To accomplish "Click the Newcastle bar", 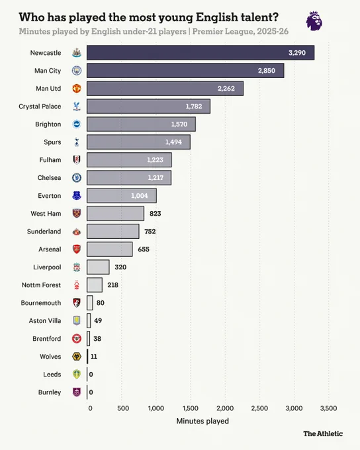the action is pos(201,52).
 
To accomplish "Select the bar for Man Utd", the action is pos(165,89).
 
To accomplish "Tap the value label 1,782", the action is pos(194,106).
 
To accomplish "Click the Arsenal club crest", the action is pos(77,249).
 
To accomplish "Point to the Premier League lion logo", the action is pos(314,21).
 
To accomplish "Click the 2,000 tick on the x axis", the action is pos(225,408).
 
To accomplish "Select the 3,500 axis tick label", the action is pos(328,408).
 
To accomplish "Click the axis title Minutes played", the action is pos(202,421).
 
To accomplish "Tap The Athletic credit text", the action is pos(323,433).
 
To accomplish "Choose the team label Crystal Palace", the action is pos(40,106).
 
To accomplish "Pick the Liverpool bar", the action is pos(98,267).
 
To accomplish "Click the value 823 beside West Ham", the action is pos(155,214).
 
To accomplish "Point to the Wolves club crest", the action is pos(77,357).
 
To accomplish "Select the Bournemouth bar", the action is pos(90,303).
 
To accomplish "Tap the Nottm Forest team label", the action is pos(41,285).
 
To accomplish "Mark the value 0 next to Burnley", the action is pos(91,392).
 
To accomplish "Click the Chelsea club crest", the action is pos(77,177).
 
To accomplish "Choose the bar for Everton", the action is pos(122,195).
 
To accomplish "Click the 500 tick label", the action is pos(123,408).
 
